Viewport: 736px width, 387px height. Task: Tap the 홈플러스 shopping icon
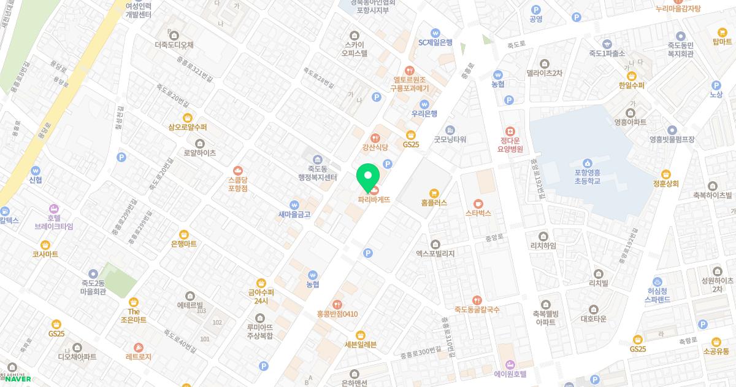tap(434, 192)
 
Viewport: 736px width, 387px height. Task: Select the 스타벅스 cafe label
tap(478, 213)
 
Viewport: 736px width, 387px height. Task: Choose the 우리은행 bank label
tap(424, 114)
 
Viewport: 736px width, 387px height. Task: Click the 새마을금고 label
tap(294, 215)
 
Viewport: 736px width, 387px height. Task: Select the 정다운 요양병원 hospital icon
tap(509, 131)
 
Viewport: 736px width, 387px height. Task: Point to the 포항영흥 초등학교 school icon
tap(588, 163)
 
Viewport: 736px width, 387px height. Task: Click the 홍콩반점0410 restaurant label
tap(337, 314)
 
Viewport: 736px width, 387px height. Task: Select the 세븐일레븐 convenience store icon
tap(360, 335)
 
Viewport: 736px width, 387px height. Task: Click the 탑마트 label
tap(723, 42)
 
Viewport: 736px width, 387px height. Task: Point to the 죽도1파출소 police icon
tap(607, 44)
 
